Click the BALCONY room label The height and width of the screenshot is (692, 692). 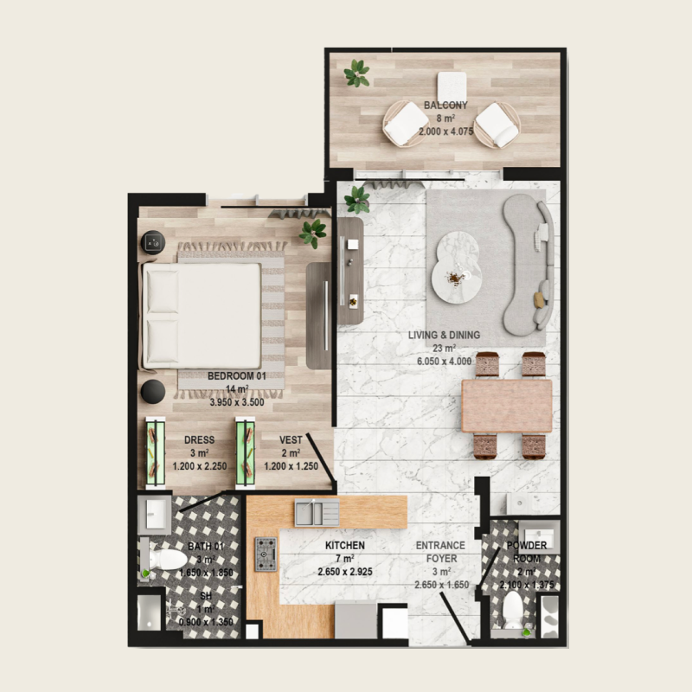click(x=445, y=106)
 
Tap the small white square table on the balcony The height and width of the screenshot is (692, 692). click(x=452, y=85)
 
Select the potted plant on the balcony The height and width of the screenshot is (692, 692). click(x=356, y=74)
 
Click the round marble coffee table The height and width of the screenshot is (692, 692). click(x=456, y=268)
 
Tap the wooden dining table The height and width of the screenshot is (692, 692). click(x=507, y=406)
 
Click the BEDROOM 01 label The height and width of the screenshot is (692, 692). click(x=236, y=376)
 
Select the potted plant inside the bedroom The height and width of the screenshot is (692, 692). click(x=312, y=232)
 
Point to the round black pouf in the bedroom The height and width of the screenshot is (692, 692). click(x=154, y=392)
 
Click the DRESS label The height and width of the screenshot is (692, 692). click(x=199, y=440)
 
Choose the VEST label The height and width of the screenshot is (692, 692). click(x=291, y=440)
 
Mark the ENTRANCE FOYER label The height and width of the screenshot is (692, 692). click(x=440, y=552)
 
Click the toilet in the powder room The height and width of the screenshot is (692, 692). click(x=512, y=612)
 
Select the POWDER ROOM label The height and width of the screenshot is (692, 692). click(x=527, y=552)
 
